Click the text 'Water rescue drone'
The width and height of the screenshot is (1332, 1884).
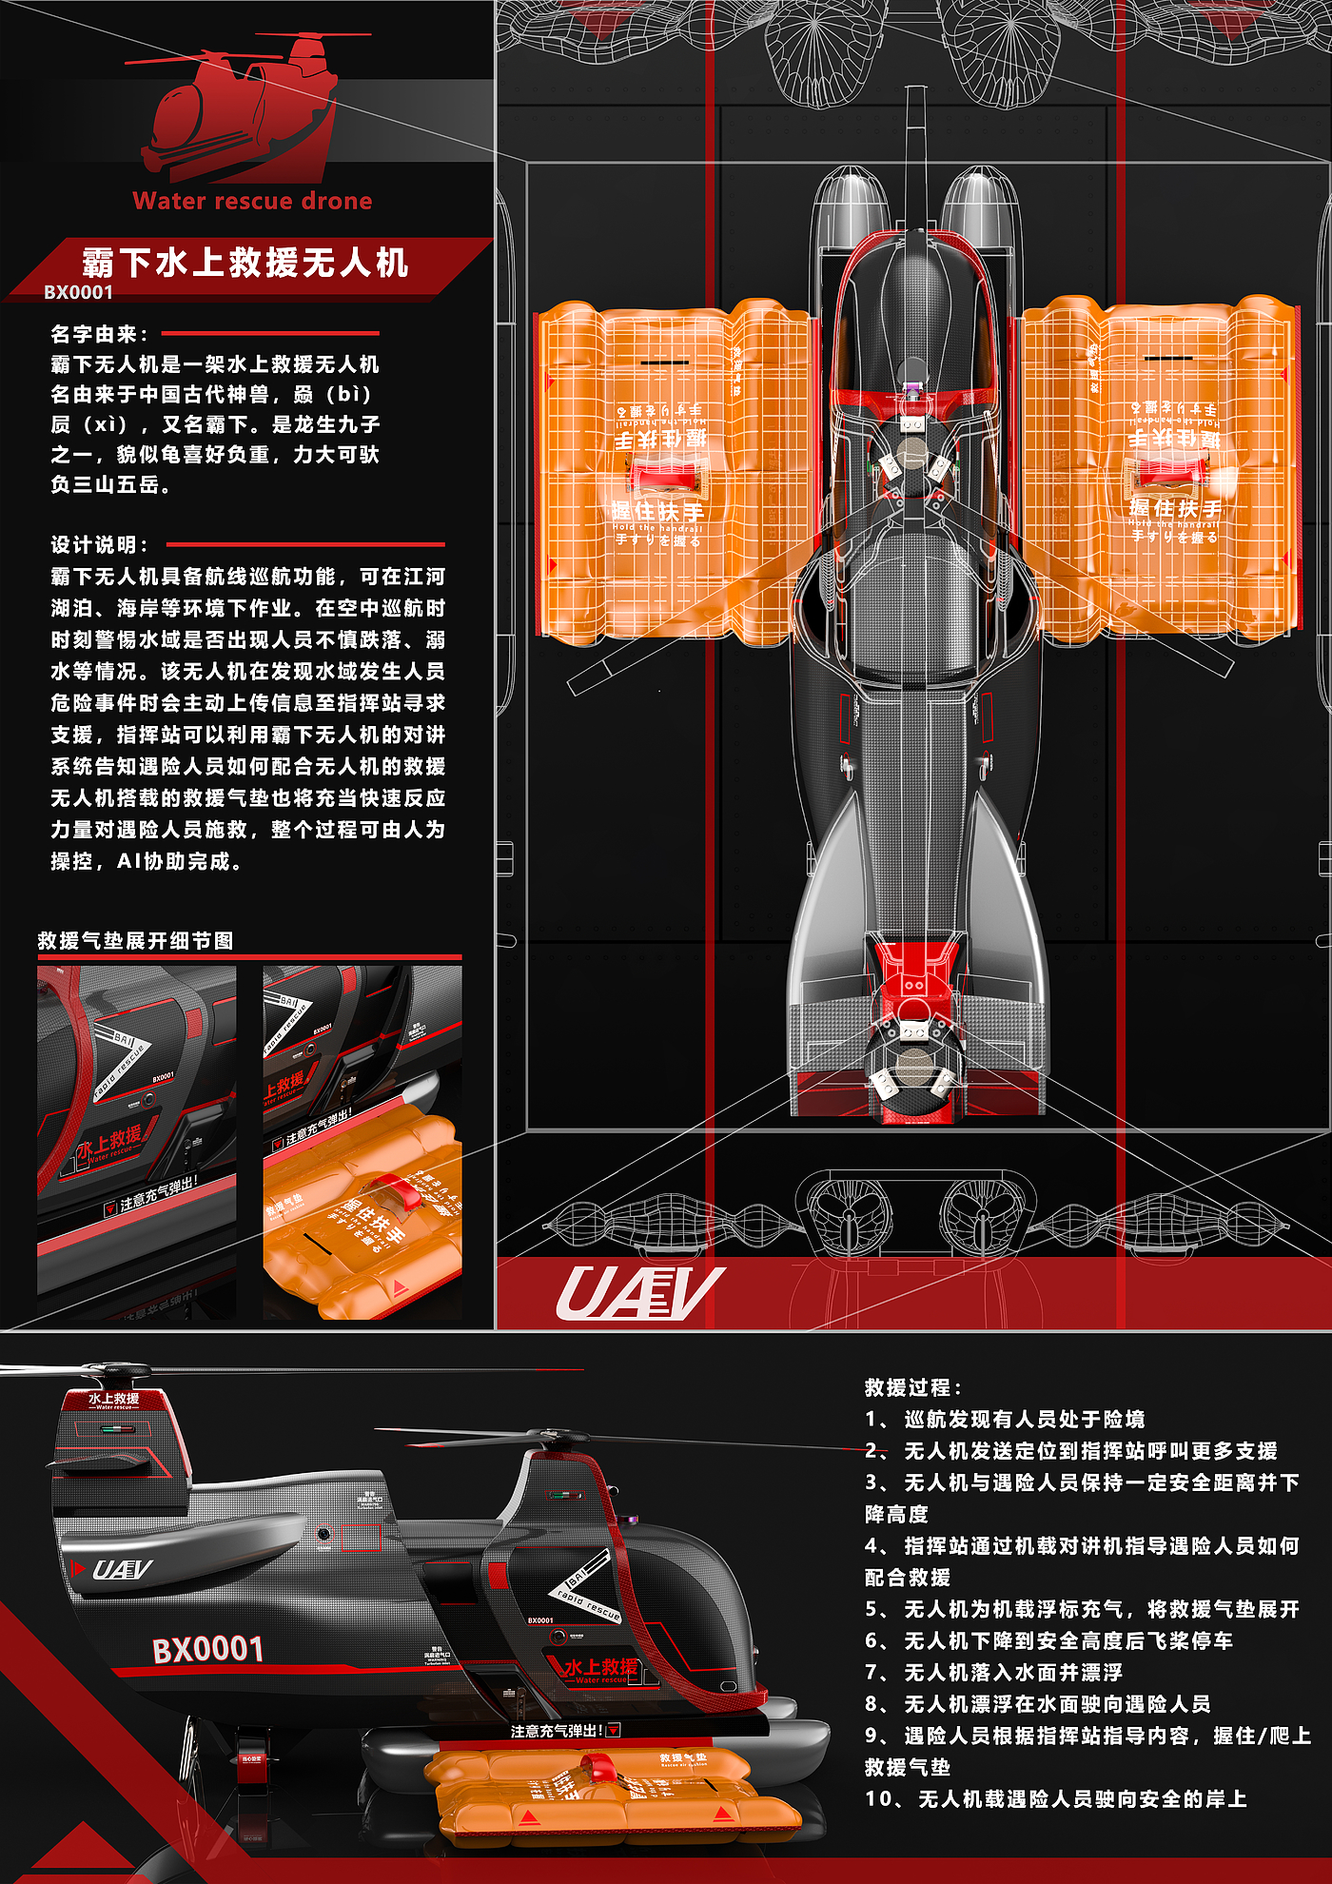pos(252,202)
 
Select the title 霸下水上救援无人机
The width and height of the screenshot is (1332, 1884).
pos(245,263)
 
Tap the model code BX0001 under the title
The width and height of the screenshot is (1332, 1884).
pos(78,293)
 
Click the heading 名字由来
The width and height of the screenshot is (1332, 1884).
pos(99,334)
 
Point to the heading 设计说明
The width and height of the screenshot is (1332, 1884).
pos(99,545)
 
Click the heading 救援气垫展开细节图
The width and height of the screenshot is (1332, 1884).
pos(135,941)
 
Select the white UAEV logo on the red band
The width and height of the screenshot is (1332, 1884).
pos(639,1295)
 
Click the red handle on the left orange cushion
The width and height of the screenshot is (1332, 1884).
pos(665,473)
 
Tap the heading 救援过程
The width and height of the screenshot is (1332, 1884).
pos(912,1387)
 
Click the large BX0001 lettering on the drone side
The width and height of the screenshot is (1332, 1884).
pos(208,1649)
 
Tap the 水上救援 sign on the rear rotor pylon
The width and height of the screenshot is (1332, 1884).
pos(114,1399)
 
